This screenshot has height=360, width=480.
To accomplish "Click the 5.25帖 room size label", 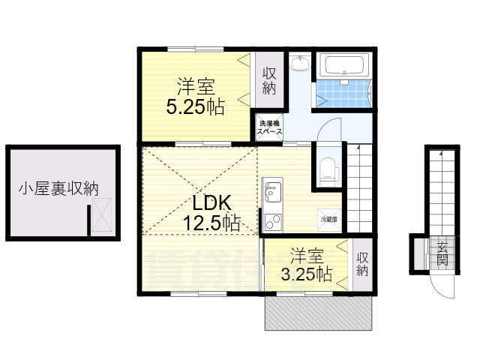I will (x=194, y=107).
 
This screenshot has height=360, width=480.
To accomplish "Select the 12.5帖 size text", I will (x=212, y=223).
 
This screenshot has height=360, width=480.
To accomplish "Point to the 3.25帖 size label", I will (x=307, y=274).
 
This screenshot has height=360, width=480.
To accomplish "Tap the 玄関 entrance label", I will (x=442, y=254).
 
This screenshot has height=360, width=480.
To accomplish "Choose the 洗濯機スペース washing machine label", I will (x=269, y=127).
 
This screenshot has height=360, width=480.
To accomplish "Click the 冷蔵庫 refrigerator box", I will (x=329, y=220).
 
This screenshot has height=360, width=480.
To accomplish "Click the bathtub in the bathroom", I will (x=341, y=67).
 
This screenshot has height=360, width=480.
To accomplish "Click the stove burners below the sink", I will (x=271, y=222).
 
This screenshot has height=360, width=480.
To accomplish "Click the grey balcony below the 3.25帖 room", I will (x=319, y=312).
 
